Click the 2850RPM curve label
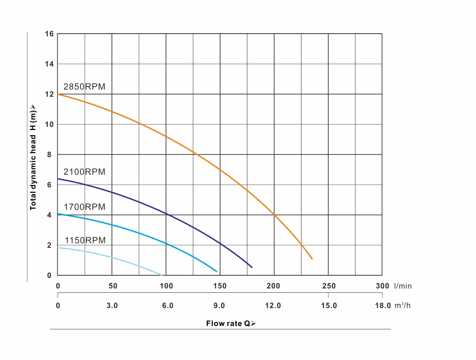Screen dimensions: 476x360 tap(84, 87)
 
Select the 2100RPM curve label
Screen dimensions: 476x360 tap(84, 172)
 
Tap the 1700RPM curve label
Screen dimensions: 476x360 tap(84, 207)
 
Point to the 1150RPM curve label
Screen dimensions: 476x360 tap(85, 240)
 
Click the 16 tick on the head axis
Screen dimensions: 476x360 tap(49, 34)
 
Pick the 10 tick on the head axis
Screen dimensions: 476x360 tap(49, 124)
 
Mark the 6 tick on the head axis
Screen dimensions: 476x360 tap(49, 185)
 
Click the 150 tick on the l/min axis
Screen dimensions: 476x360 tap(220, 286)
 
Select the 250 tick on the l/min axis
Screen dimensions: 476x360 tap(329, 286)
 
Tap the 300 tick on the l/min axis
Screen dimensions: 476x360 tap(382, 286)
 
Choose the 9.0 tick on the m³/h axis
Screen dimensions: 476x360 tap(219, 306)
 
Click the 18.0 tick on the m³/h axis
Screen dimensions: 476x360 tap(383, 306)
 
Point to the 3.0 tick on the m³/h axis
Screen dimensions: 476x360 tap(112, 306)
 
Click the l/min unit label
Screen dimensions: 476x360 tap(403, 286)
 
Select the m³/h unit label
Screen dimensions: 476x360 tap(402, 306)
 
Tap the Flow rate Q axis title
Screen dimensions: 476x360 tap(231, 323)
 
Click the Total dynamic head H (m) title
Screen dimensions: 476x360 tap(33, 157)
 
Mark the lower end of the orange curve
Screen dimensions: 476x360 tap(312, 259)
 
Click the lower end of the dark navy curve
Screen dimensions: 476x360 tap(252, 267)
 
